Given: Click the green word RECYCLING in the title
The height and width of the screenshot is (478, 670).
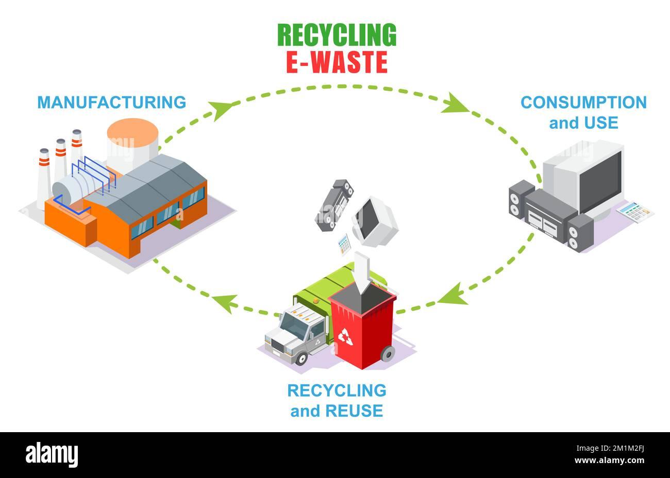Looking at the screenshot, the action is click(x=337, y=35).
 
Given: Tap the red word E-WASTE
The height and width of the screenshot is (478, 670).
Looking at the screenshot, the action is click(x=337, y=62).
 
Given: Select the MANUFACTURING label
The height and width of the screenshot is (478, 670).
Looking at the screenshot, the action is click(x=111, y=102).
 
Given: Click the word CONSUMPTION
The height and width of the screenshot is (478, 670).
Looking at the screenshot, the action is click(x=583, y=102).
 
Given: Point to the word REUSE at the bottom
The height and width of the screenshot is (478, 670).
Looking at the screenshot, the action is click(x=354, y=411).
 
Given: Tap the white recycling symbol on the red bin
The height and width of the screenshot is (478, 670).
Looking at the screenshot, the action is click(x=345, y=337).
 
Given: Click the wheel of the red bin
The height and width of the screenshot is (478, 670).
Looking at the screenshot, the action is click(x=388, y=354).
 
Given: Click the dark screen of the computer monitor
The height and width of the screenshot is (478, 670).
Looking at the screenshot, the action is click(x=600, y=181).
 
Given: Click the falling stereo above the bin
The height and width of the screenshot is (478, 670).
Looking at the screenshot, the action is click(x=334, y=205).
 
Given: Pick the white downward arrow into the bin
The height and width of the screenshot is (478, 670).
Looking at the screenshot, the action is click(x=362, y=272).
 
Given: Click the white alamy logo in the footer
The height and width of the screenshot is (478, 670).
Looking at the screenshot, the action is click(x=52, y=455).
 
